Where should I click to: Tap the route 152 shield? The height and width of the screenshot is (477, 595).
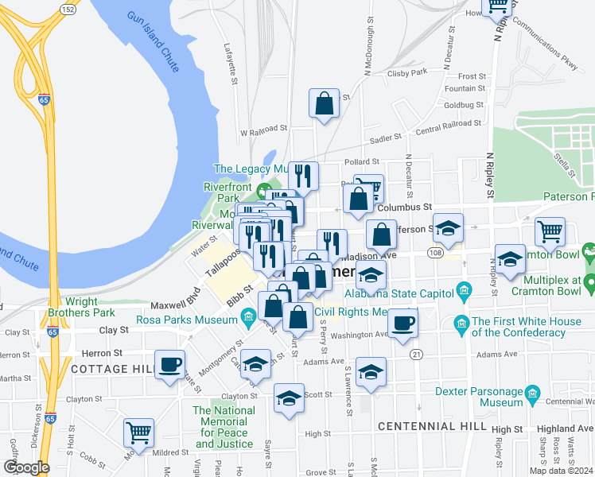click(68, 9)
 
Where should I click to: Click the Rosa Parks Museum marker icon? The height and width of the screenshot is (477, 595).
click(248, 320)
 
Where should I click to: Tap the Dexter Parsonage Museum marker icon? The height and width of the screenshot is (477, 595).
click(533, 393)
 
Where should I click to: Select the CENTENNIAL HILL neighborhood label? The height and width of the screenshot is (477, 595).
click(431, 427)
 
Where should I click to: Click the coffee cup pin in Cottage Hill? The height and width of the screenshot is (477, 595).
click(169, 365)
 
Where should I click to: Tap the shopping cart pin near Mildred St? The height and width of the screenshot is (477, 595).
click(138, 433)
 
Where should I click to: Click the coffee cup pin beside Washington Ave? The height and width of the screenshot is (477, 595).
click(403, 323)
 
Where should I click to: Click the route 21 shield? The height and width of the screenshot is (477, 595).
click(415, 353)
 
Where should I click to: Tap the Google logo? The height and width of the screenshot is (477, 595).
click(26, 467)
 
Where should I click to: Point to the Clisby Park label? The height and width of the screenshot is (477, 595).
click(407, 72)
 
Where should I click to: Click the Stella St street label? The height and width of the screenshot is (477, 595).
click(565, 158)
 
